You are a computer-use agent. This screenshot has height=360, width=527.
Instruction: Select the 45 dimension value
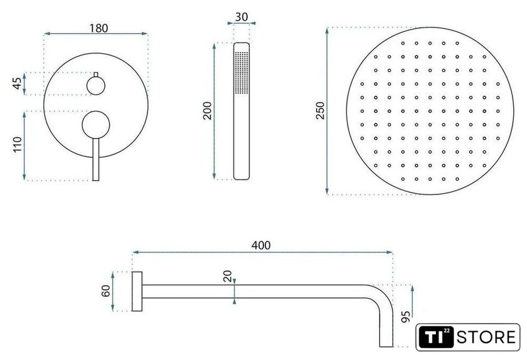pyautogui.click(x=17, y=83)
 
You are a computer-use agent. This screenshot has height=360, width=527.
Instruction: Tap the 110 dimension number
pyautogui.click(x=17, y=144)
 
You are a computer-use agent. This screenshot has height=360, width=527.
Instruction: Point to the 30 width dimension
pyautogui.click(x=242, y=17)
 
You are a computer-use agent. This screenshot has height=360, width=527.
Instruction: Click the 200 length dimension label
pyautogui.click(x=208, y=110)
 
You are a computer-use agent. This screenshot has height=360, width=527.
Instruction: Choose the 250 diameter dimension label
pyautogui.click(x=321, y=110)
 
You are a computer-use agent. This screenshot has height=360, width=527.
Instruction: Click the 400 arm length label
pyautogui.click(x=261, y=245)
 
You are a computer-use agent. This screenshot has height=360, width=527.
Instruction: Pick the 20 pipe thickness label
pyautogui.click(x=228, y=276)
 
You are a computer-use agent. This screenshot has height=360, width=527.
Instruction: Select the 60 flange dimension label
pyautogui.click(x=105, y=291)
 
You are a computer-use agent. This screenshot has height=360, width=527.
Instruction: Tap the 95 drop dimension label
pyautogui.click(x=406, y=316)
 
